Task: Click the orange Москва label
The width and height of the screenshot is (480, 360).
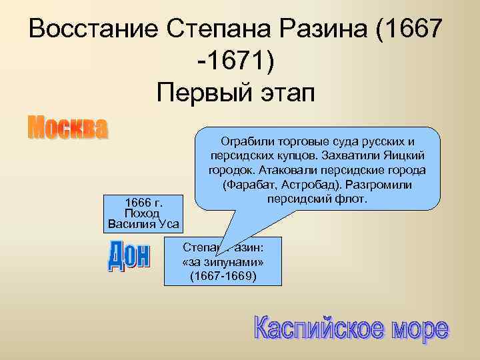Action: [x=67, y=128]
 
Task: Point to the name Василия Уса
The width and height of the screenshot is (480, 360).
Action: [x=143, y=223]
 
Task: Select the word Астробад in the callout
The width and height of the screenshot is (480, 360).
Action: [x=315, y=184]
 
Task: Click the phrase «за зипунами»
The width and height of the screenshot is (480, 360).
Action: [x=223, y=261]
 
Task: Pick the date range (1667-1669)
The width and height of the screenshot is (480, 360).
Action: [x=223, y=275]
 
